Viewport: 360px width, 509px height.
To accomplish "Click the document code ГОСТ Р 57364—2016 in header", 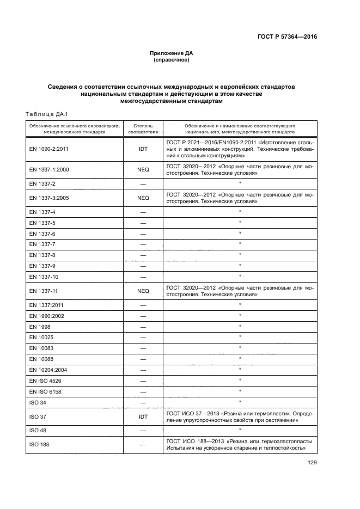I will [286, 38].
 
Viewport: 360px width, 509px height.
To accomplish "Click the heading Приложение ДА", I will [172, 53].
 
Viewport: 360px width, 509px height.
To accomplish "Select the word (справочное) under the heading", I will [172, 60].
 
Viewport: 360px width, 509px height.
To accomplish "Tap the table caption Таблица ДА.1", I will [46, 114].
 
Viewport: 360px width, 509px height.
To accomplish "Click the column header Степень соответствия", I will [143, 128].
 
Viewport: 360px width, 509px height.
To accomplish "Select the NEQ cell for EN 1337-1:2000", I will [143, 170].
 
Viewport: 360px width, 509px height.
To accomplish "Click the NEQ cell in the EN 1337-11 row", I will [143, 291].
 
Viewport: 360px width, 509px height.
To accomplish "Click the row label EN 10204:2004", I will [46, 369].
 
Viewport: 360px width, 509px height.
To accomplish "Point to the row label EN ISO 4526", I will [44, 380].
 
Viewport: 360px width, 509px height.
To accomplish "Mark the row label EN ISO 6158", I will [44, 391].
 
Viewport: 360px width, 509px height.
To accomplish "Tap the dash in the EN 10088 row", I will [143, 358].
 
